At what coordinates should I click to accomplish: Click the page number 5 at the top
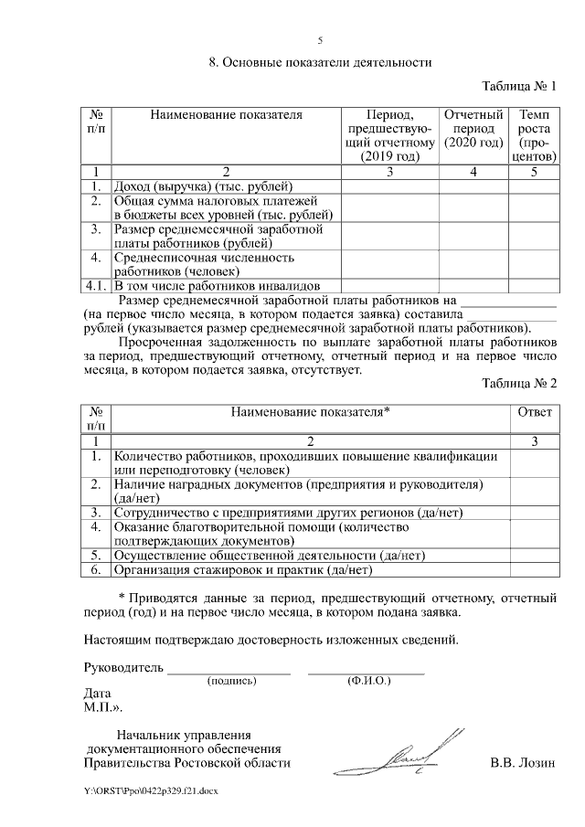(x=320, y=41)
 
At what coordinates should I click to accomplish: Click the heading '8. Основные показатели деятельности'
(x=320, y=63)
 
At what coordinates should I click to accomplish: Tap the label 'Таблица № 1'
(x=518, y=87)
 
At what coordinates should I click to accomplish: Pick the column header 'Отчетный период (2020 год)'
(x=473, y=129)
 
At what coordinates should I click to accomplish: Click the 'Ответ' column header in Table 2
(x=535, y=412)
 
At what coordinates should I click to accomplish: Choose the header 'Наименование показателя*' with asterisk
(x=310, y=412)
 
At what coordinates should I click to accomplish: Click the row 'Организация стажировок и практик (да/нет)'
(x=242, y=571)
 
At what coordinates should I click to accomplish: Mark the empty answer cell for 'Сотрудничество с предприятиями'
(x=535, y=513)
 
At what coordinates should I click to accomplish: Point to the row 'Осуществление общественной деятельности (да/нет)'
(x=269, y=555)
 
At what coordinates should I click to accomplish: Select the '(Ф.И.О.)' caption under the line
(x=368, y=682)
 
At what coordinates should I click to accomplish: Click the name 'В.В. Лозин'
(x=523, y=763)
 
